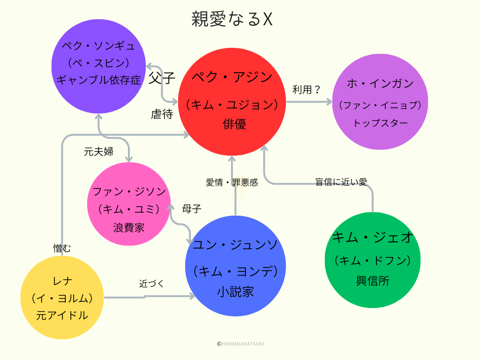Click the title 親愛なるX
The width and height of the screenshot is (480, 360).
232,20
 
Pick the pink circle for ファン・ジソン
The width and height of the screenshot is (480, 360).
128,204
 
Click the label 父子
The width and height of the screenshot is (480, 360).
161,77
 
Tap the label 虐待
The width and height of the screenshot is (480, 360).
162,114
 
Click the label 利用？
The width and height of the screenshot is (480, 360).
306,90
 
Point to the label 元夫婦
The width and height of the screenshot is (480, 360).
98,152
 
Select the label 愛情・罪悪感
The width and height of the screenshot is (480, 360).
232,182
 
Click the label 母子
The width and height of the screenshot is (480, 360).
192,209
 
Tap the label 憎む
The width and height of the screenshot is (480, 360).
62,248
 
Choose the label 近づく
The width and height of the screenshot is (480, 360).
151,284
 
